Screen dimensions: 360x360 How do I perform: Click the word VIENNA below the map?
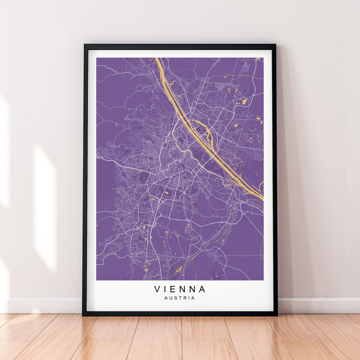(x=180, y=289)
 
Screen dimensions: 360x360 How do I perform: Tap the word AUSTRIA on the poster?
(x=179, y=298)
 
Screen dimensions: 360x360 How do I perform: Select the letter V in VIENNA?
(x=157, y=289)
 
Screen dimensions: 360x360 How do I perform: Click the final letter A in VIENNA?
(x=202, y=289)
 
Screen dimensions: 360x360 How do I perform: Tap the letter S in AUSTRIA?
(x=176, y=298)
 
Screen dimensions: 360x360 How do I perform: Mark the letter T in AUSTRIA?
(x=180, y=298)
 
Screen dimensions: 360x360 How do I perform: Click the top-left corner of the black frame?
(x=84, y=45)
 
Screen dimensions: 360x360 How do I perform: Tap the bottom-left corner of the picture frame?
(x=83, y=315)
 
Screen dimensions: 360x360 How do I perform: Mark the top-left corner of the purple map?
(x=97, y=58)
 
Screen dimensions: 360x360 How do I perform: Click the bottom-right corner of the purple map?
(x=263, y=280)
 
